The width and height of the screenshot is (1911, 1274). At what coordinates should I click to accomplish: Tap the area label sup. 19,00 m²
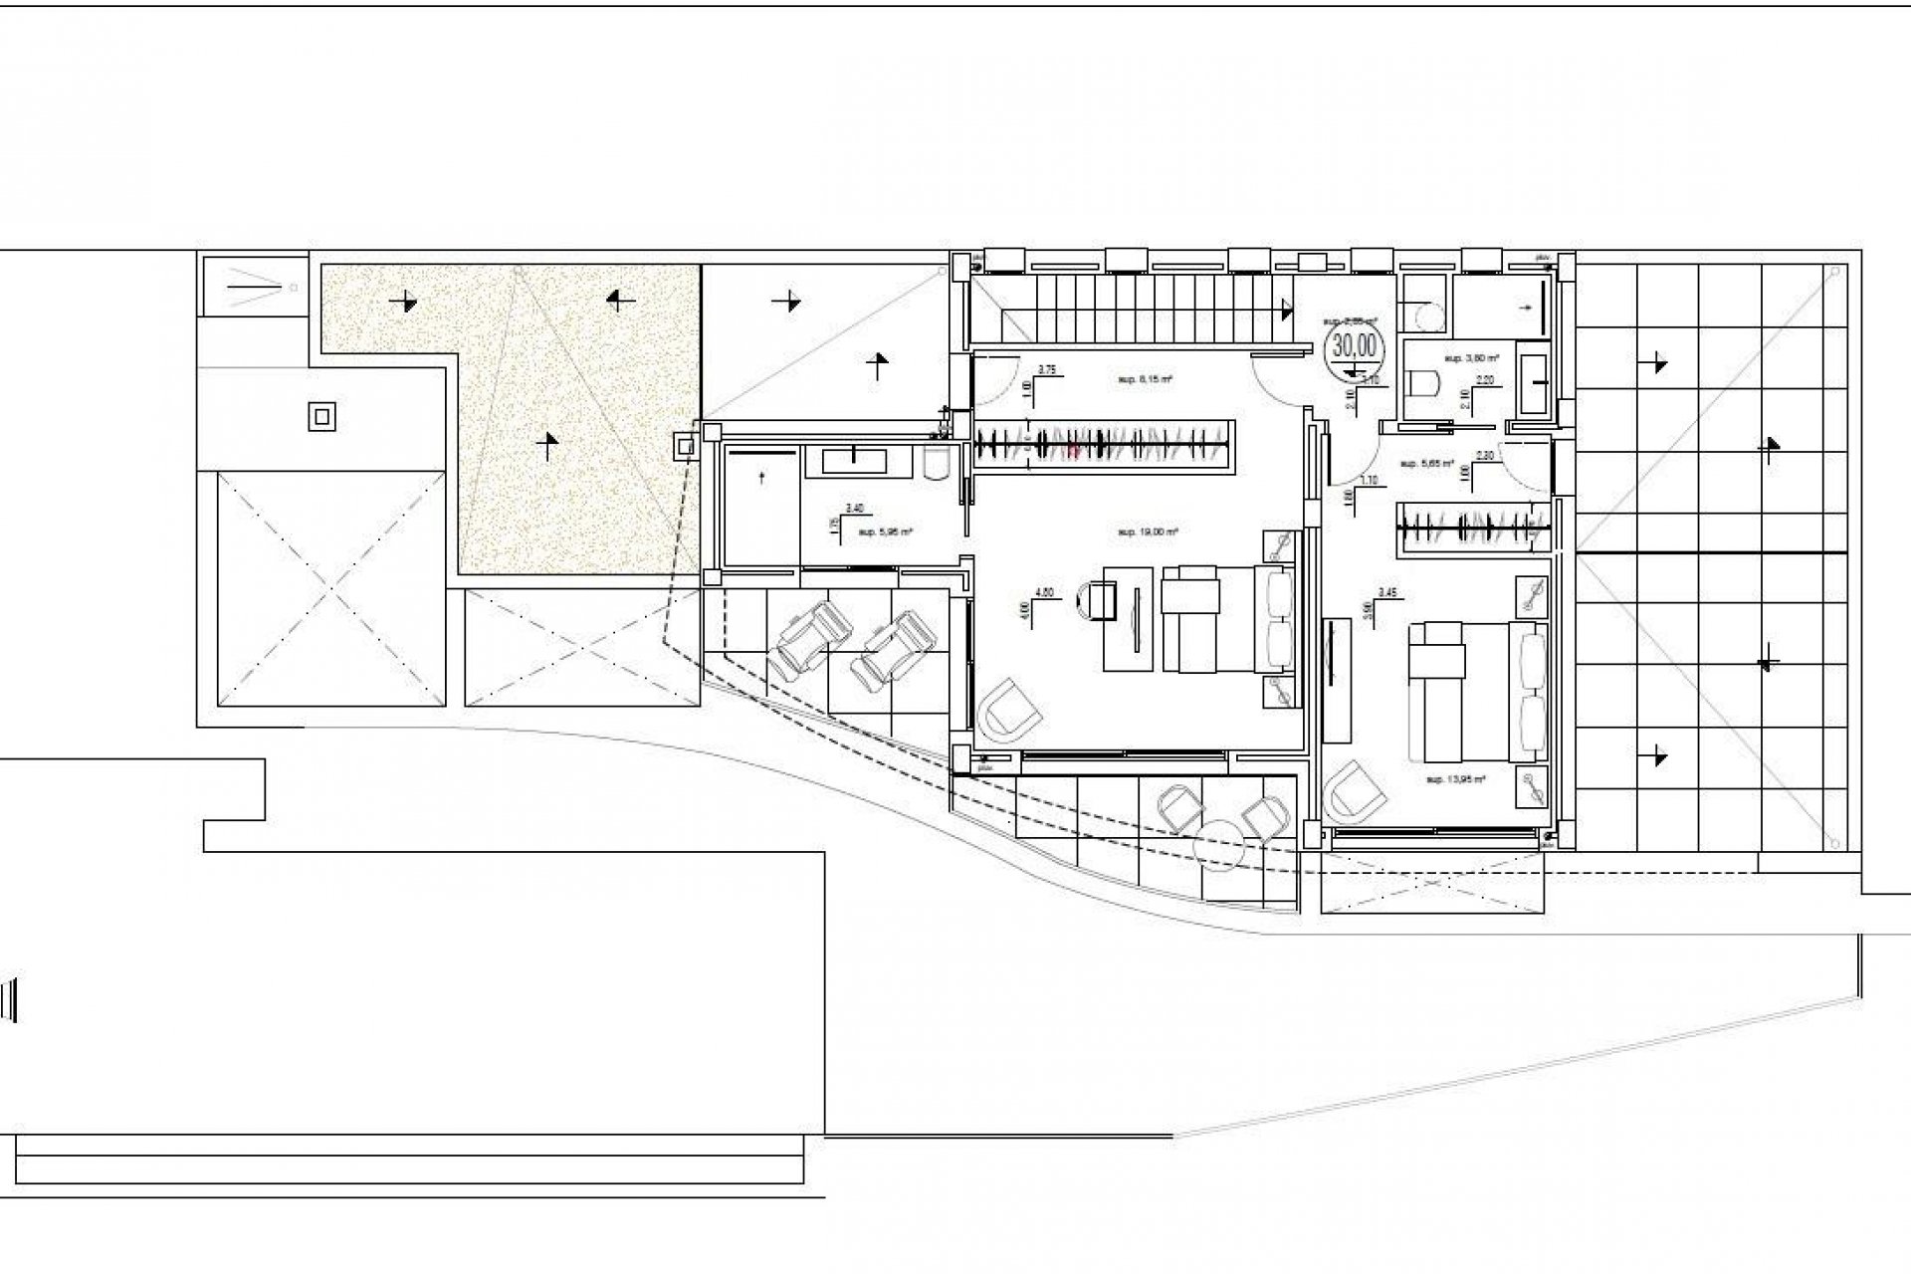pyautogui.click(x=1148, y=533)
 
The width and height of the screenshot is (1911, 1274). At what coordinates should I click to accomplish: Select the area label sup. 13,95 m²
pyautogui.click(x=1455, y=779)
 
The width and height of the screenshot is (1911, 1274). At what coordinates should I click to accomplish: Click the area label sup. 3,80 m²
pyautogui.click(x=1471, y=356)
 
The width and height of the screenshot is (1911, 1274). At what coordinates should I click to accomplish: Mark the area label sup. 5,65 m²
pyautogui.click(x=1426, y=464)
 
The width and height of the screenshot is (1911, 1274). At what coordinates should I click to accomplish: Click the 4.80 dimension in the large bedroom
pyautogui.click(x=1045, y=592)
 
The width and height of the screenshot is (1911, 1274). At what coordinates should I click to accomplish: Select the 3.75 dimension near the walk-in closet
pyautogui.click(x=1046, y=369)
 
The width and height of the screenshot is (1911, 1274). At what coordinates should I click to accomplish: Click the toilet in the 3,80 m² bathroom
pyautogui.click(x=1427, y=383)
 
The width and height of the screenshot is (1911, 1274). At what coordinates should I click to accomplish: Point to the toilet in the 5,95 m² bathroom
pyautogui.click(x=939, y=463)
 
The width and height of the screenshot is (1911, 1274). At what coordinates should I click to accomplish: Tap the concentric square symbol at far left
pyautogui.click(x=321, y=417)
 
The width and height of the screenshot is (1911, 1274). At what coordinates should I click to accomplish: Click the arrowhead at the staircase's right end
pyautogui.click(x=1290, y=311)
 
